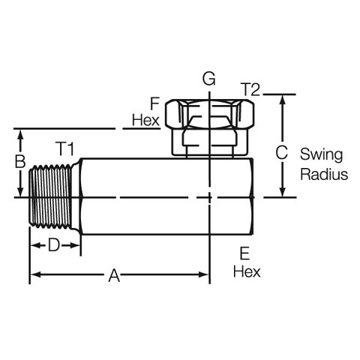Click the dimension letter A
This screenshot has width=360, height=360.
pos(114,275)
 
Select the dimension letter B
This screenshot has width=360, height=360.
pos(20,161)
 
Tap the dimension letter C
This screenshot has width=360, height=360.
pos(281,152)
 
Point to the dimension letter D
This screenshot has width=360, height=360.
pos(54,244)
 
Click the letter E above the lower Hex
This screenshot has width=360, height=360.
pos(244,253)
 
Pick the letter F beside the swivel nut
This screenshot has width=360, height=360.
pos(155,103)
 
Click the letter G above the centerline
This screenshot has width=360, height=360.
pos(209,79)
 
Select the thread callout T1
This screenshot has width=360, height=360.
pos(64,148)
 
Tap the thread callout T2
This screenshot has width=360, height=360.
pos(250,89)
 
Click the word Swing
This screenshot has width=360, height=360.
pos(321,155)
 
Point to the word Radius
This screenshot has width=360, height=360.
pos(324,174)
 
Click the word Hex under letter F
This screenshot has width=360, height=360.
pos(145,120)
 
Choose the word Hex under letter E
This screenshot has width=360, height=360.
pos(247,271)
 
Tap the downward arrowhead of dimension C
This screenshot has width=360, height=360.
pos(283,192)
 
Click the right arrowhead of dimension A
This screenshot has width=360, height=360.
pos(203,274)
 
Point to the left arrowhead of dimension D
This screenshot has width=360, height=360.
pos(34,245)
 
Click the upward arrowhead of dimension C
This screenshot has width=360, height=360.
pos(283,100)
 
